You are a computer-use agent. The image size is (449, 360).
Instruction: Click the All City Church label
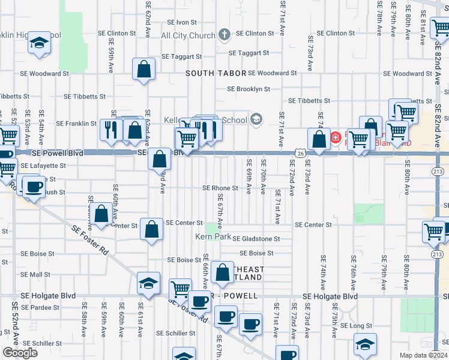click(188, 35)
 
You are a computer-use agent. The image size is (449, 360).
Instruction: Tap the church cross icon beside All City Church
click(224, 35)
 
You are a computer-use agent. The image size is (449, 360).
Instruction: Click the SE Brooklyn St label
click(248, 89)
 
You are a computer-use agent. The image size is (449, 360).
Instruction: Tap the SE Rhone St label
click(220, 188)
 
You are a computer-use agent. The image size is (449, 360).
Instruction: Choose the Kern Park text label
click(213, 236)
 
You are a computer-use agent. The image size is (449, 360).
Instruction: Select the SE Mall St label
click(35, 274)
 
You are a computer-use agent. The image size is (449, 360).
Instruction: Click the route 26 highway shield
click(299, 154)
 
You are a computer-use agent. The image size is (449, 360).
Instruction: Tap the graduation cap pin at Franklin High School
click(40, 43)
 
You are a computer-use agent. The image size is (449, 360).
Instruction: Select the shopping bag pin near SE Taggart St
click(145, 69)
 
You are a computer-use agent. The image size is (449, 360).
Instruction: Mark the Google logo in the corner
click(20, 353)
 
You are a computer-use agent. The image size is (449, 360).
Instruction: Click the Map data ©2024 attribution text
click(423, 355)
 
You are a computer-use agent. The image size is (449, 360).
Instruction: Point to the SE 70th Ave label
click(263, 175)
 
